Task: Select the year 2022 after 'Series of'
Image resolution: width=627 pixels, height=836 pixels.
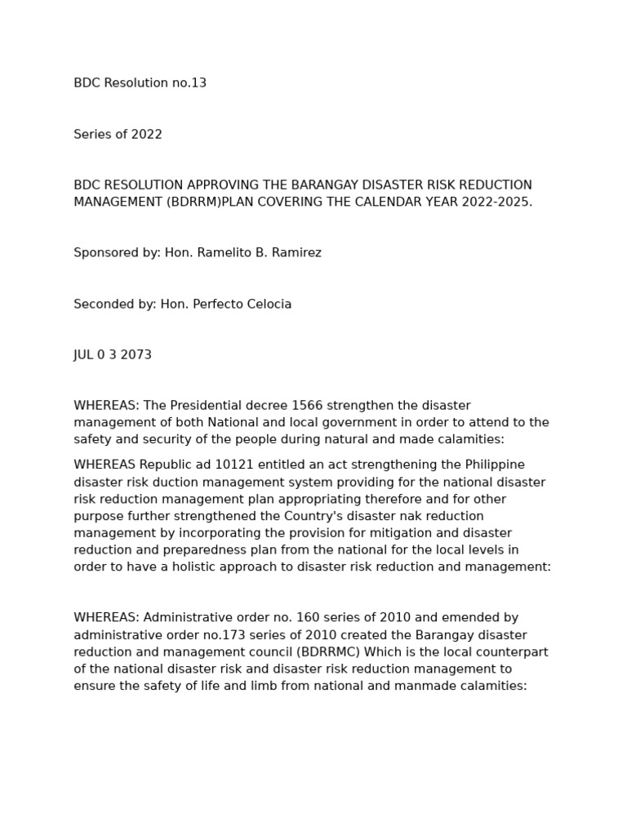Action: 147,135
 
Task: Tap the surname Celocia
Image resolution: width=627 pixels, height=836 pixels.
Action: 268,305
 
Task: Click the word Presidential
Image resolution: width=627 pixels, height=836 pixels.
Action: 207,406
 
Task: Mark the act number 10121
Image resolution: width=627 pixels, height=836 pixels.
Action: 211,465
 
